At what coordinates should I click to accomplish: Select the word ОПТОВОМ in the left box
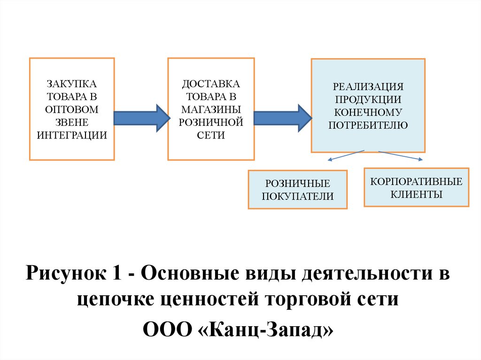click(x=71, y=109)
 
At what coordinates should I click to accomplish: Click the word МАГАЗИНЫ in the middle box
click(x=211, y=109)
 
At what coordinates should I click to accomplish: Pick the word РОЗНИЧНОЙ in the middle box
click(x=211, y=122)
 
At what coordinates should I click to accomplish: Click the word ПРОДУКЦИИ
click(x=368, y=100)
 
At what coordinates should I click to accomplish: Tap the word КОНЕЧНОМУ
click(x=368, y=112)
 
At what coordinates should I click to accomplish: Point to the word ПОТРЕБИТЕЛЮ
click(x=368, y=125)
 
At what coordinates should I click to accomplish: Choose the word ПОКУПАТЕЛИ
click(x=297, y=196)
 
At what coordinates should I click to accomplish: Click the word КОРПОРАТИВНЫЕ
click(x=416, y=181)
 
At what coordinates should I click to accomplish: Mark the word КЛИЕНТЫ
click(x=416, y=194)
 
